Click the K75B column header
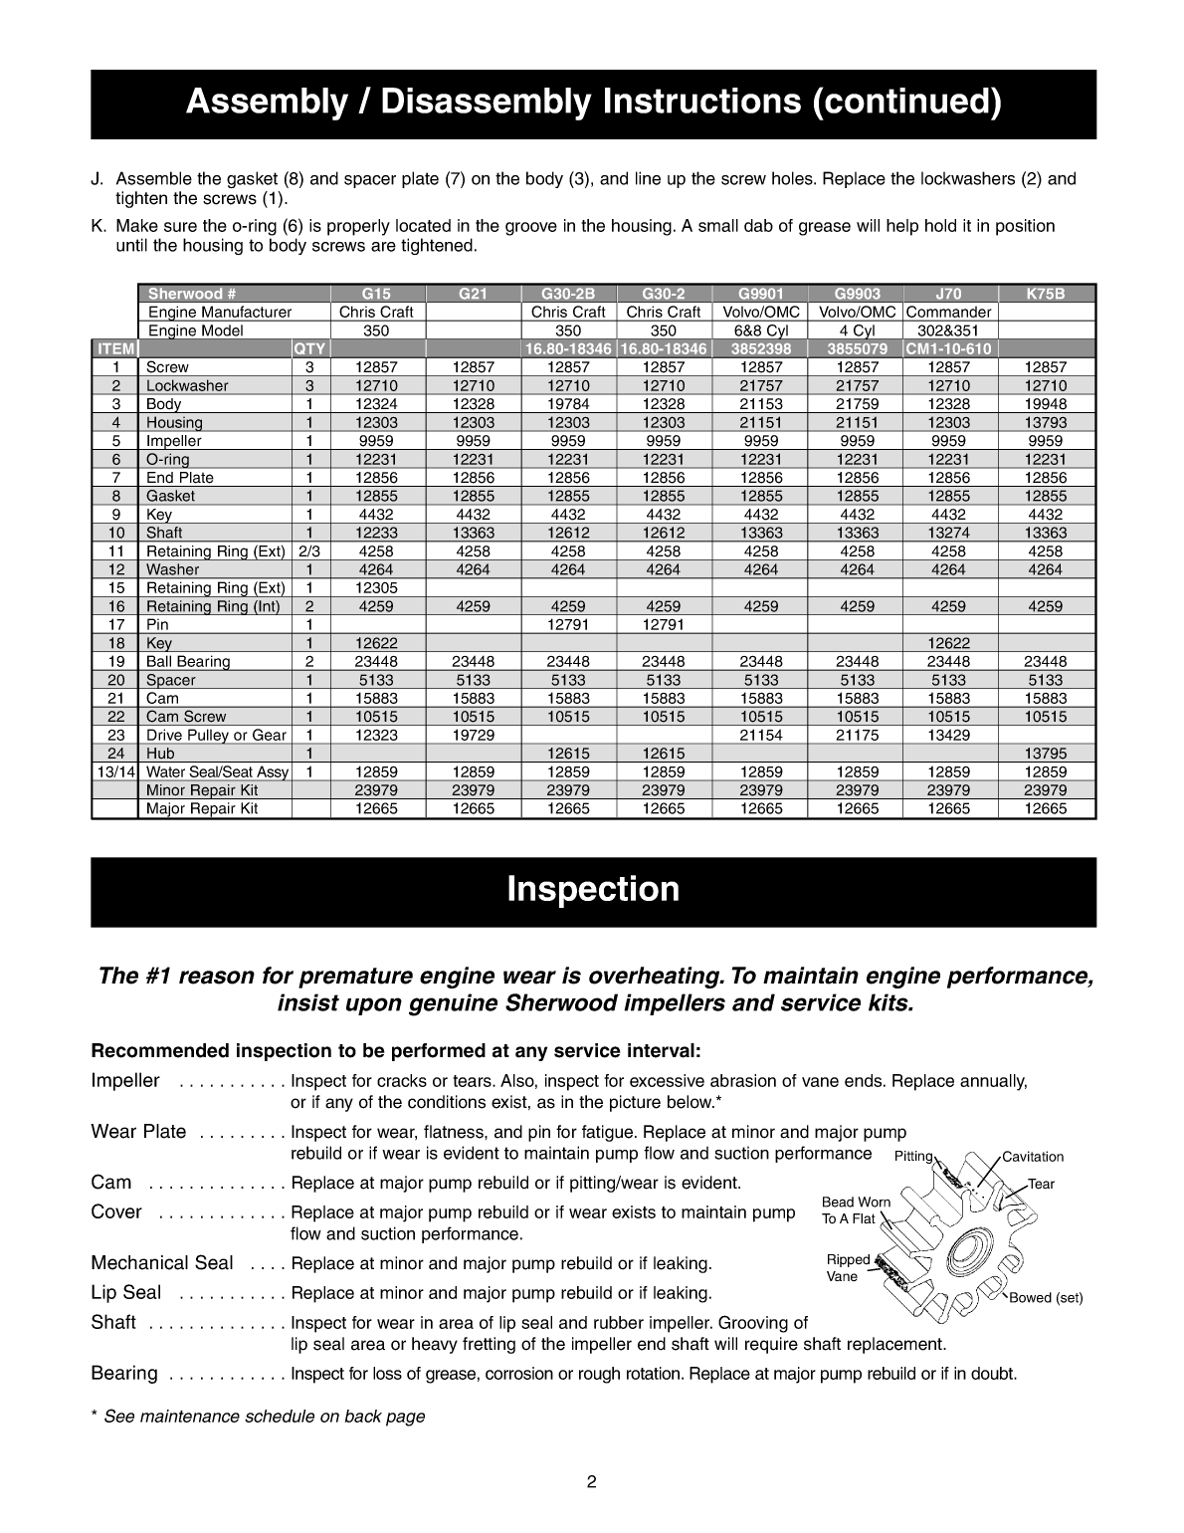pyautogui.click(x=1045, y=294)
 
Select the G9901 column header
pyautogui.click(x=761, y=294)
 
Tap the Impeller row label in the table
pyautogui.click(x=174, y=441)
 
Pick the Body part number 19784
pyautogui.click(x=568, y=404)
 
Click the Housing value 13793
pyautogui.click(x=1045, y=422)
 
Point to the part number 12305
pyautogui.click(x=376, y=587)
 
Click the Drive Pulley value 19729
pyautogui.click(x=473, y=735)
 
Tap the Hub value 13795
pyautogui.click(x=1045, y=754)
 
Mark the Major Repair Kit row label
pyautogui.click(x=202, y=808)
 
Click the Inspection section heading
pyautogui.click(x=593, y=889)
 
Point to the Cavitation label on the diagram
pyautogui.click(x=1032, y=1157)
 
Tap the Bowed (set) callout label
pyautogui.click(x=1046, y=1298)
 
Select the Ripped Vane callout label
pyautogui.click(x=847, y=1267)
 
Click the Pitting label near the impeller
pyautogui.click(x=913, y=1157)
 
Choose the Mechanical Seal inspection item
pyautogui.click(x=162, y=1263)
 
